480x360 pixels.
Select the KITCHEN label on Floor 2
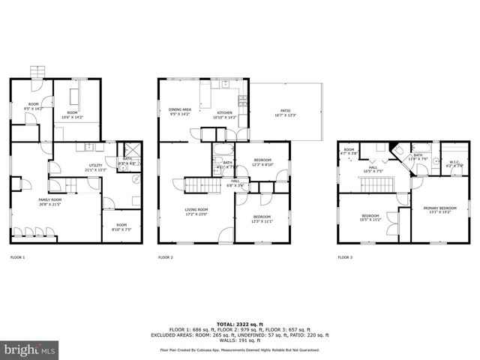(225, 112)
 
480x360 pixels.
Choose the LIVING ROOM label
(196, 211)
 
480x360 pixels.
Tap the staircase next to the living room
(194, 184)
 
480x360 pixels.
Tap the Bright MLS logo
(28, 349)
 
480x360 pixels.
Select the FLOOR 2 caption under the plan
(165, 257)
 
